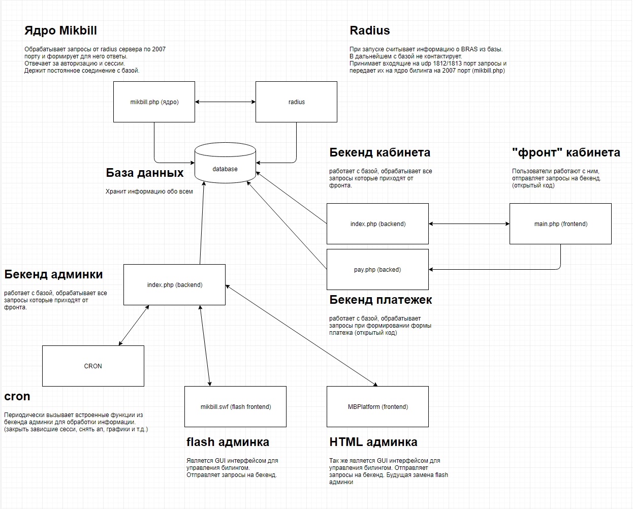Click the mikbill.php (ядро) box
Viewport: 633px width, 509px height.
[154, 102]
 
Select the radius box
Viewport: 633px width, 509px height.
[296, 102]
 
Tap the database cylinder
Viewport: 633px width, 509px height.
[225, 163]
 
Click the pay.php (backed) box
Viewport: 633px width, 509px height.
[377, 270]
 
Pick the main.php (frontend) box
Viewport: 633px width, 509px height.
[560, 224]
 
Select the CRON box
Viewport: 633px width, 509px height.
[93, 366]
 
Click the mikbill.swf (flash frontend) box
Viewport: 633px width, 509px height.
[235, 406]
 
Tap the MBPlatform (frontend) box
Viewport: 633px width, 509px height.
[377, 406]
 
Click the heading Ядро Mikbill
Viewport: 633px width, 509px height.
[60, 30]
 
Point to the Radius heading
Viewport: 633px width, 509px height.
[370, 30]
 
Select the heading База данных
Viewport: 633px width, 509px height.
[145, 173]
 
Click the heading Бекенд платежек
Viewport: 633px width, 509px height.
[381, 300]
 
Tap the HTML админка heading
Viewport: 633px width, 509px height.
[373, 442]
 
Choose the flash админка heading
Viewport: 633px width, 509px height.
[228, 442]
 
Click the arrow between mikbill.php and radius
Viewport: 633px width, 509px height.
[226, 102]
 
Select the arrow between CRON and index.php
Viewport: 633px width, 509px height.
[134, 326]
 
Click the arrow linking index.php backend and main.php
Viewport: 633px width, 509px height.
[469, 224]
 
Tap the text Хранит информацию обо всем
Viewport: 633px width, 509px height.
[149, 192]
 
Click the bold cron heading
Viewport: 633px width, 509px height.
[17, 396]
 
